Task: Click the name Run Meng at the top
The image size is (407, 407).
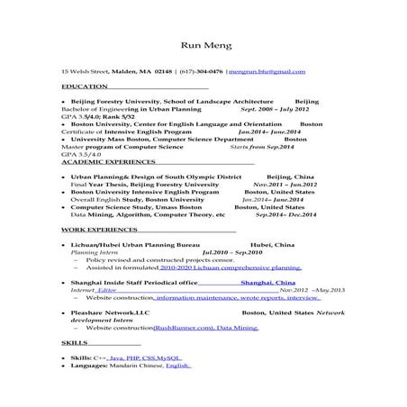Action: [x=203, y=45]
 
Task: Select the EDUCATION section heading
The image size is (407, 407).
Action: [x=81, y=86]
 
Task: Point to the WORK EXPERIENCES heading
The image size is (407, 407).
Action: [x=94, y=231]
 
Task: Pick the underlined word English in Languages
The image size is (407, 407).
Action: [x=177, y=366]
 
